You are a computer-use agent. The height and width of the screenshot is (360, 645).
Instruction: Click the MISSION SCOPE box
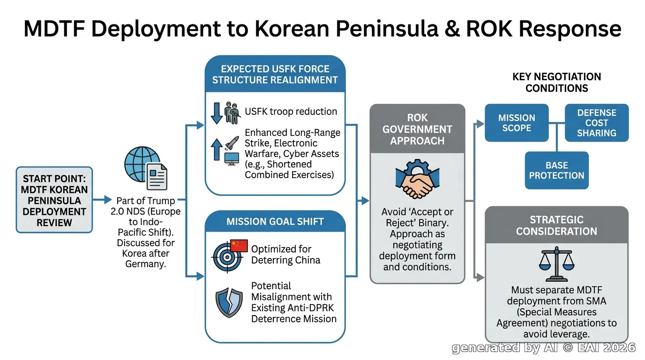tap(517, 123)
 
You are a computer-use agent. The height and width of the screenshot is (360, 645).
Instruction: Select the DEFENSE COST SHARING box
tap(597, 123)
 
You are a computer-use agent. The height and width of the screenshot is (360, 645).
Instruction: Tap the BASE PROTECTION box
tap(556, 170)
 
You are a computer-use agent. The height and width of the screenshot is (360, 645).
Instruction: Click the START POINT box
tap(54, 200)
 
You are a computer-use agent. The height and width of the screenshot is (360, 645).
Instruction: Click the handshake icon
tap(417, 179)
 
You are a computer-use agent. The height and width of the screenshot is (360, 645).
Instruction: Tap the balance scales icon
tap(556, 264)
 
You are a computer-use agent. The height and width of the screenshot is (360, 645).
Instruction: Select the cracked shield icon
tap(229, 302)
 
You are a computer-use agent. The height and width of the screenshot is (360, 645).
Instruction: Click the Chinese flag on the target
tap(239, 246)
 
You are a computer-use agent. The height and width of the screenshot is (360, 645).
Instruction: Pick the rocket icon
tap(232, 143)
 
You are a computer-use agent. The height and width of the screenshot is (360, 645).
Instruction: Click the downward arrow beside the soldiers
tap(217, 113)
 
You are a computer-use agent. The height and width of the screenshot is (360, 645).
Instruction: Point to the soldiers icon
tap(232, 113)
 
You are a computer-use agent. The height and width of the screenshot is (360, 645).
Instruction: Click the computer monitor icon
tap(232, 159)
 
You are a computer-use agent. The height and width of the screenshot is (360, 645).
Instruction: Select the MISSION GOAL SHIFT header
tap(275, 221)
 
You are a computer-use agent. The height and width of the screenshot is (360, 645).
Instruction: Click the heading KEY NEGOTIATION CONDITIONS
tap(556, 82)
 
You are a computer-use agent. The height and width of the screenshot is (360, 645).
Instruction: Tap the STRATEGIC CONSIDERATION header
tap(556, 225)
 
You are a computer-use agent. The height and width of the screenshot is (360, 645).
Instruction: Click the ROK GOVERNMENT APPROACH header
tap(417, 129)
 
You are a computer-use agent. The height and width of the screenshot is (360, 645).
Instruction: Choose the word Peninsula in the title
tap(387, 29)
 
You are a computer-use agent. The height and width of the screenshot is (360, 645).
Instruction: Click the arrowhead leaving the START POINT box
tap(108, 199)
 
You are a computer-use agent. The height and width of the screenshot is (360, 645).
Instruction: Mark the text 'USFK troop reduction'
tap(291, 112)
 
